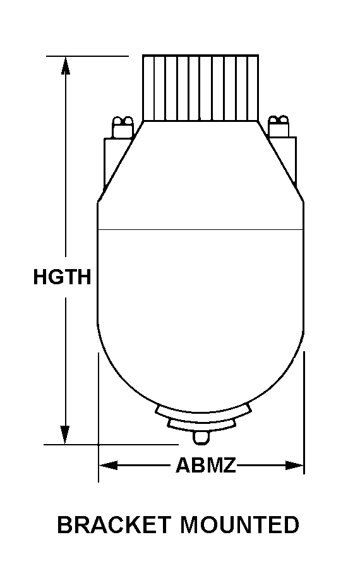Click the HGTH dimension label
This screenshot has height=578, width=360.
[x=62, y=277]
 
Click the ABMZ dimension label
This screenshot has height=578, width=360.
[x=206, y=465]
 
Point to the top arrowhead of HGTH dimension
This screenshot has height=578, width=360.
[x=65, y=66]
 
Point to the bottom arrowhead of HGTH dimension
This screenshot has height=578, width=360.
[x=65, y=435]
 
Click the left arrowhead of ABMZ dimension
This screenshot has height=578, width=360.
[x=108, y=466]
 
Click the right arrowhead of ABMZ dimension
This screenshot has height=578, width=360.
[x=294, y=466]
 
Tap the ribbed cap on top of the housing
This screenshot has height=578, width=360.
[x=200, y=88]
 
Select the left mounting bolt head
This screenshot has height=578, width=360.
[x=123, y=127]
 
